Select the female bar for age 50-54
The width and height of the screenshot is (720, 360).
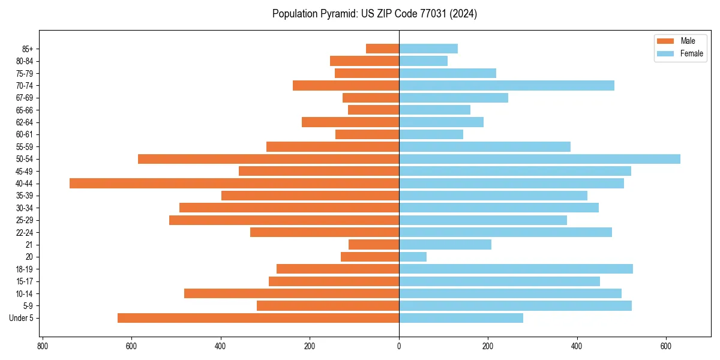(539, 159)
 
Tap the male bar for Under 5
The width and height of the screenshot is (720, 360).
(258, 318)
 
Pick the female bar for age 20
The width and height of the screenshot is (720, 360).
(413, 257)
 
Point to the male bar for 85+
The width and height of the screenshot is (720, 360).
(382, 49)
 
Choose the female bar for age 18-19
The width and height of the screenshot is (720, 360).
(516, 269)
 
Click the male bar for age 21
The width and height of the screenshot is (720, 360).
(374, 245)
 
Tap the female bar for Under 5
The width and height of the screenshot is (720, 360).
(461, 318)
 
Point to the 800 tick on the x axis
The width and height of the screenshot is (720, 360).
(43, 346)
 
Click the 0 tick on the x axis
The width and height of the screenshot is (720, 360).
(399, 346)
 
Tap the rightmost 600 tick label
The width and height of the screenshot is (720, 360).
(666, 346)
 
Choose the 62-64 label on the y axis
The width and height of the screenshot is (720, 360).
(24, 122)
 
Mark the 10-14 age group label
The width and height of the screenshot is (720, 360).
(24, 294)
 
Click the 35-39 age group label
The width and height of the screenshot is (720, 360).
(24, 196)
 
